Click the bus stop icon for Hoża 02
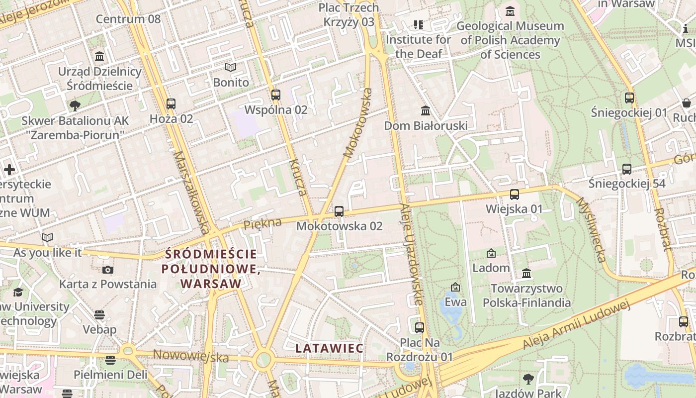(171, 103)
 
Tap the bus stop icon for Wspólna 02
(276, 95)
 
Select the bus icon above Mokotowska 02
(339, 211)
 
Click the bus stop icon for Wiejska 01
(515, 194)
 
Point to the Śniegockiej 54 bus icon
(627, 169)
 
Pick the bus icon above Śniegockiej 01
(629, 98)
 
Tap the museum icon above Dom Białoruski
(426, 110)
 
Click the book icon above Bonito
(231, 67)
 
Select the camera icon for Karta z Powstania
(107, 270)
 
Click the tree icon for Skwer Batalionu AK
(75, 105)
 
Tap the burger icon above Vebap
(99, 315)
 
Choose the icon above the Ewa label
(455, 287)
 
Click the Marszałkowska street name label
(191, 192)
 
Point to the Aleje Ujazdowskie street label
(412, 254)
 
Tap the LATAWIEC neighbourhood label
(330, 348)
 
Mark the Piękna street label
(262, 223)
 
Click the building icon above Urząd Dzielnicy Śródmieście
(99, 56)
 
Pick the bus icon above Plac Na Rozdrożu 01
(420, 327)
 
